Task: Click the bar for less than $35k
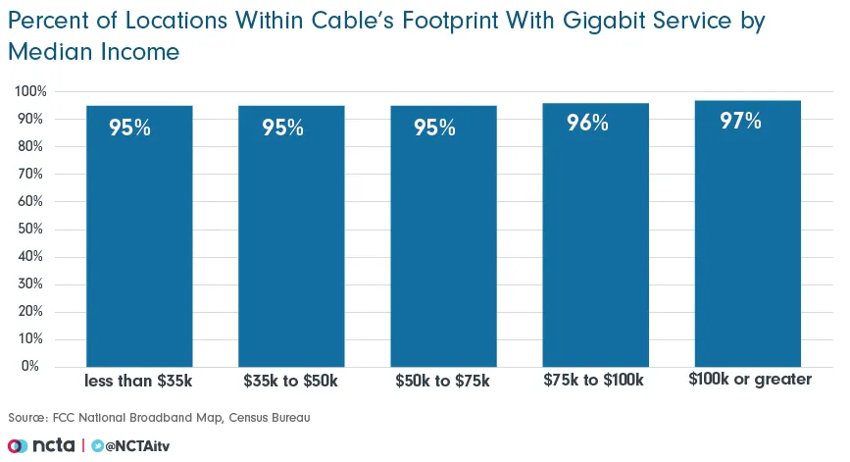point(139,235)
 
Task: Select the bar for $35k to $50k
point(291,235)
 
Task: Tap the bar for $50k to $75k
point(443,235)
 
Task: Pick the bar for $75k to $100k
point(595,234)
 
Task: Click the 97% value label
point(740,121)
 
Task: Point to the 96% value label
point(588,123)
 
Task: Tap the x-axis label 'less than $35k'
point(138,380)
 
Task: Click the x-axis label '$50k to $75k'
point(442,380)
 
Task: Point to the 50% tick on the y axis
point(33,229)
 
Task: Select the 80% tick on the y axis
point(33,146)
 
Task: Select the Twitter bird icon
point(98,445)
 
